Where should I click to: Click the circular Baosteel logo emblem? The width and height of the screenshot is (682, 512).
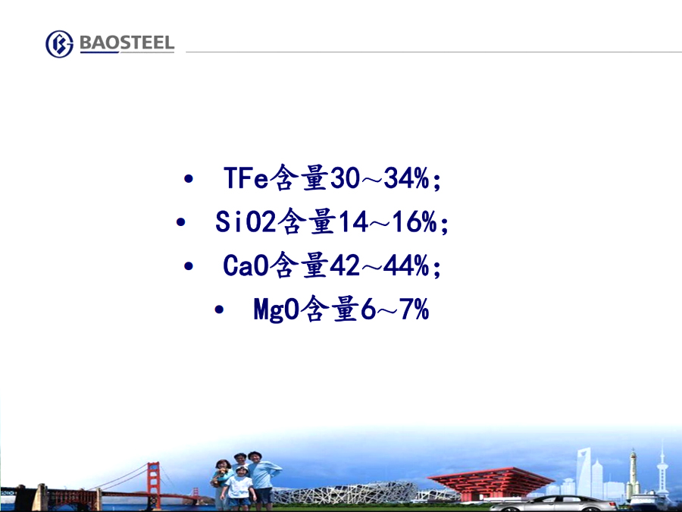60,44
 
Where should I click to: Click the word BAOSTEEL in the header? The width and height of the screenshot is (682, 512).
127,42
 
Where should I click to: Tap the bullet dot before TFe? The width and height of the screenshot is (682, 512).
189,178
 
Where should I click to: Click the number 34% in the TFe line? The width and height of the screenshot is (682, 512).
407,177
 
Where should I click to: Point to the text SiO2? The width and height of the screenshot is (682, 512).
246,221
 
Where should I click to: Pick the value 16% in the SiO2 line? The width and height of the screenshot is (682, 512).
415,221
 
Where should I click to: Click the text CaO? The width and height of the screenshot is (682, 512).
246,265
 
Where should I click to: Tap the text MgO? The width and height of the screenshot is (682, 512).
276,309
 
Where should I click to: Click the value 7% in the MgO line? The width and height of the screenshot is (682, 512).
415,309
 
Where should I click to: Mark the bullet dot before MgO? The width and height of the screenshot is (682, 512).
219,309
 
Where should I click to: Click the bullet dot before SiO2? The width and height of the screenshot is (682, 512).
180,222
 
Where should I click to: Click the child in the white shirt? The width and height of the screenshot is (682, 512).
239,488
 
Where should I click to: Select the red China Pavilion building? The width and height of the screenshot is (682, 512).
490,482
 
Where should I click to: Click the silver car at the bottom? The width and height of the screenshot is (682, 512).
553,504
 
